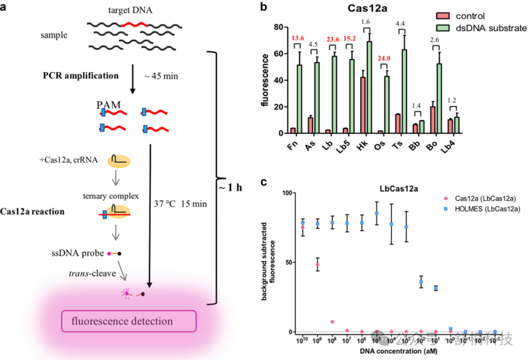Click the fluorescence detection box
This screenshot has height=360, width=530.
(128, 322)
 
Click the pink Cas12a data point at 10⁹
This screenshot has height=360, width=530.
(318, 265)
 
